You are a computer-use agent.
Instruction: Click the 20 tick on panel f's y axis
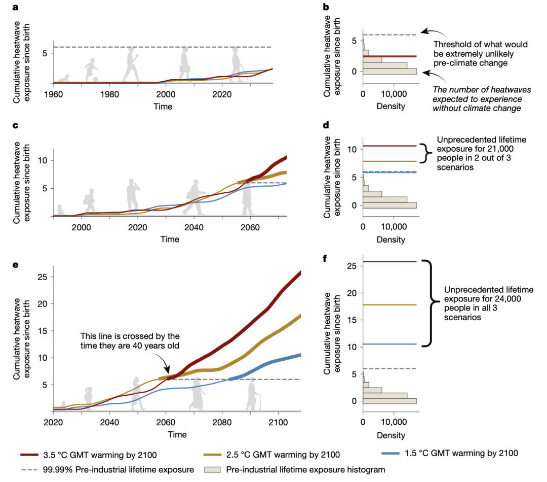point(353,293)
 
